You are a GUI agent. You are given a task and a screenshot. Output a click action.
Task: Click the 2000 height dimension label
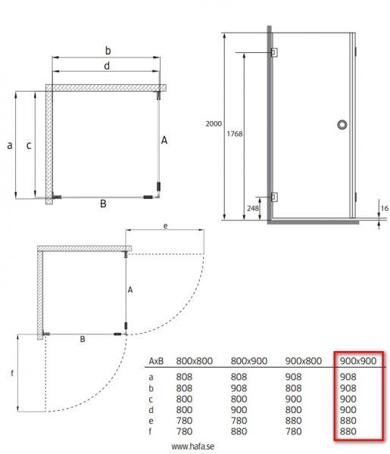214,124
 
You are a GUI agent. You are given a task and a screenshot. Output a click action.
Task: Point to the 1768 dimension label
235,133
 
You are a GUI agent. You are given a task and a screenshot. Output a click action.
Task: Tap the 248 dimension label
253,208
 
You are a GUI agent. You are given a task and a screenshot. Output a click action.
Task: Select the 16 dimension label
384,207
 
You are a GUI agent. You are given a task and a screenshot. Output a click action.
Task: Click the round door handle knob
342,125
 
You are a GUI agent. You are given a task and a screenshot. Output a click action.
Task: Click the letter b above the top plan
108,51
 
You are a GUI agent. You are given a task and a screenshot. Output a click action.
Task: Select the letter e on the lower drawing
164,225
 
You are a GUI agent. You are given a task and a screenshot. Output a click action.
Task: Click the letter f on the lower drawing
11,372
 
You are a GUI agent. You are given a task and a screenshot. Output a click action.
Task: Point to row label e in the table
151,421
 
